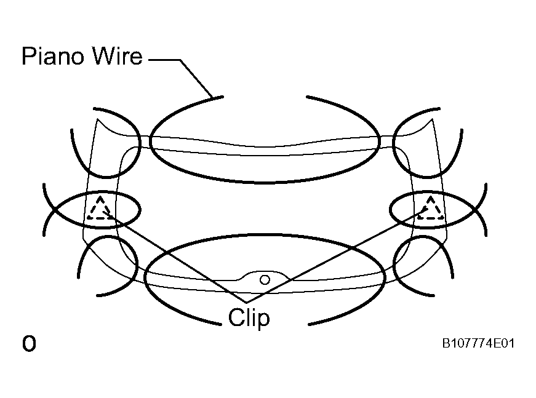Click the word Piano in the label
click(53, 56)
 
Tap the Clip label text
click(249, 318)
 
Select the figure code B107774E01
click(478, 343)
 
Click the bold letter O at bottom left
click(29, 343)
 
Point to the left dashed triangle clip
click(99, 209)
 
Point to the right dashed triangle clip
click(431, 209)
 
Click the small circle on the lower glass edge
click(265, 280)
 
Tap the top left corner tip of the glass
click(97, 119)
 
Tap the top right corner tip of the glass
click(432, 119)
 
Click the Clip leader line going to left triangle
click(174, 257)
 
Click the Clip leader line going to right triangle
click(337, 257)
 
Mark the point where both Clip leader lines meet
click(247, 303)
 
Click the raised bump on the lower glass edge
click(263, 274)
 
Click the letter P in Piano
click(29, 56)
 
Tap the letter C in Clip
click(236, 317)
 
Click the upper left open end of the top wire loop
click(223, 97)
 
